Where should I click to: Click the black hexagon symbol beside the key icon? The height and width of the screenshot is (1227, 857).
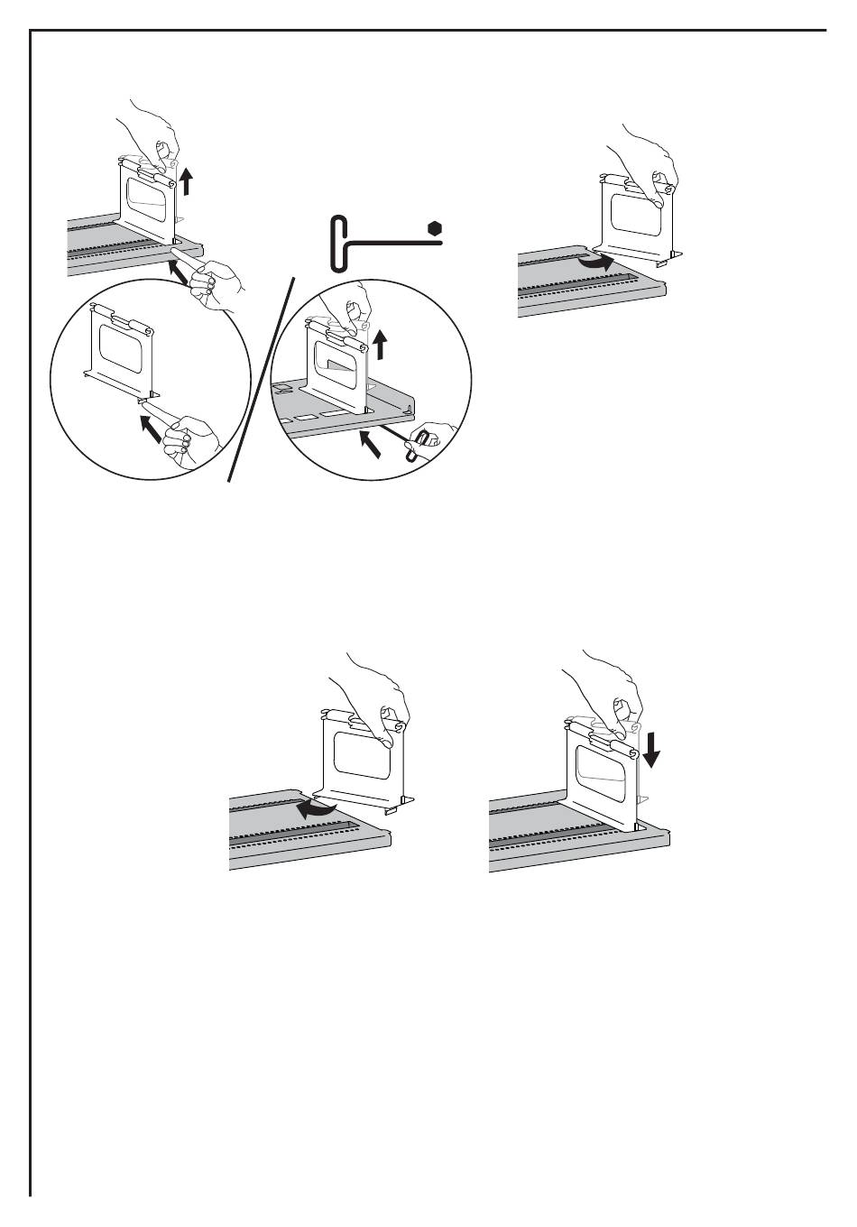pos(435,228)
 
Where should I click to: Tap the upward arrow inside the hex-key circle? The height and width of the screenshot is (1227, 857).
pos(382,344)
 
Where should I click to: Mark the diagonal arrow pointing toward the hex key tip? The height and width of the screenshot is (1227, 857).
pos(369,443)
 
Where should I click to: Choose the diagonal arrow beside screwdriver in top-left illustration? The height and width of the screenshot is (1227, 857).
pos(179,272)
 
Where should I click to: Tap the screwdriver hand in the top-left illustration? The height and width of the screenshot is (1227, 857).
pos(217,281)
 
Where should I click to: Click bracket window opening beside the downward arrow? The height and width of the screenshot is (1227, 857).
pos(597,764)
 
